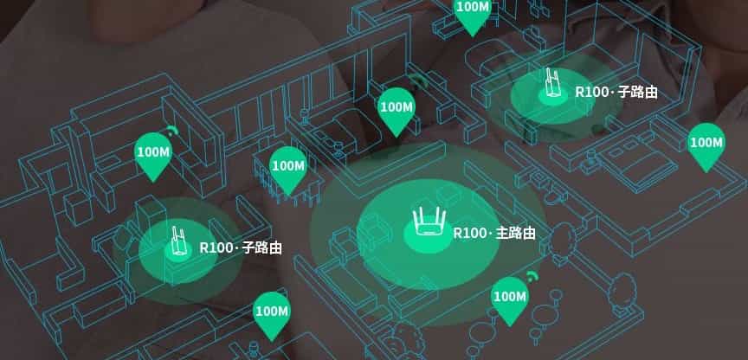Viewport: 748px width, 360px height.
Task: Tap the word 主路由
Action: click(x=516, y=234)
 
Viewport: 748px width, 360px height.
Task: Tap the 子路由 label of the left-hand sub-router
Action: click(x=262, y=248)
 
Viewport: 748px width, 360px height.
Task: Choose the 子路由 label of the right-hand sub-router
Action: click(x=635, y=91)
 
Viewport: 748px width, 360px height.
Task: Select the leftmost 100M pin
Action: click(x=153, y=154)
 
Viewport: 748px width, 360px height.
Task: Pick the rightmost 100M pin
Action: click(x=706, y=145)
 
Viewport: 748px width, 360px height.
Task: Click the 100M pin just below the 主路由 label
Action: click(x=509, y=299)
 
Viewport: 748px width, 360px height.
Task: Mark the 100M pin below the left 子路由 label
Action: click(x=271, y=313)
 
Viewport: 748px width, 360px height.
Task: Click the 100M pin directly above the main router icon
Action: click(x=397, y=110)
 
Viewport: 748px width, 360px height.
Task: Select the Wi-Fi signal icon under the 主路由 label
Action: click(x=531, y=277)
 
